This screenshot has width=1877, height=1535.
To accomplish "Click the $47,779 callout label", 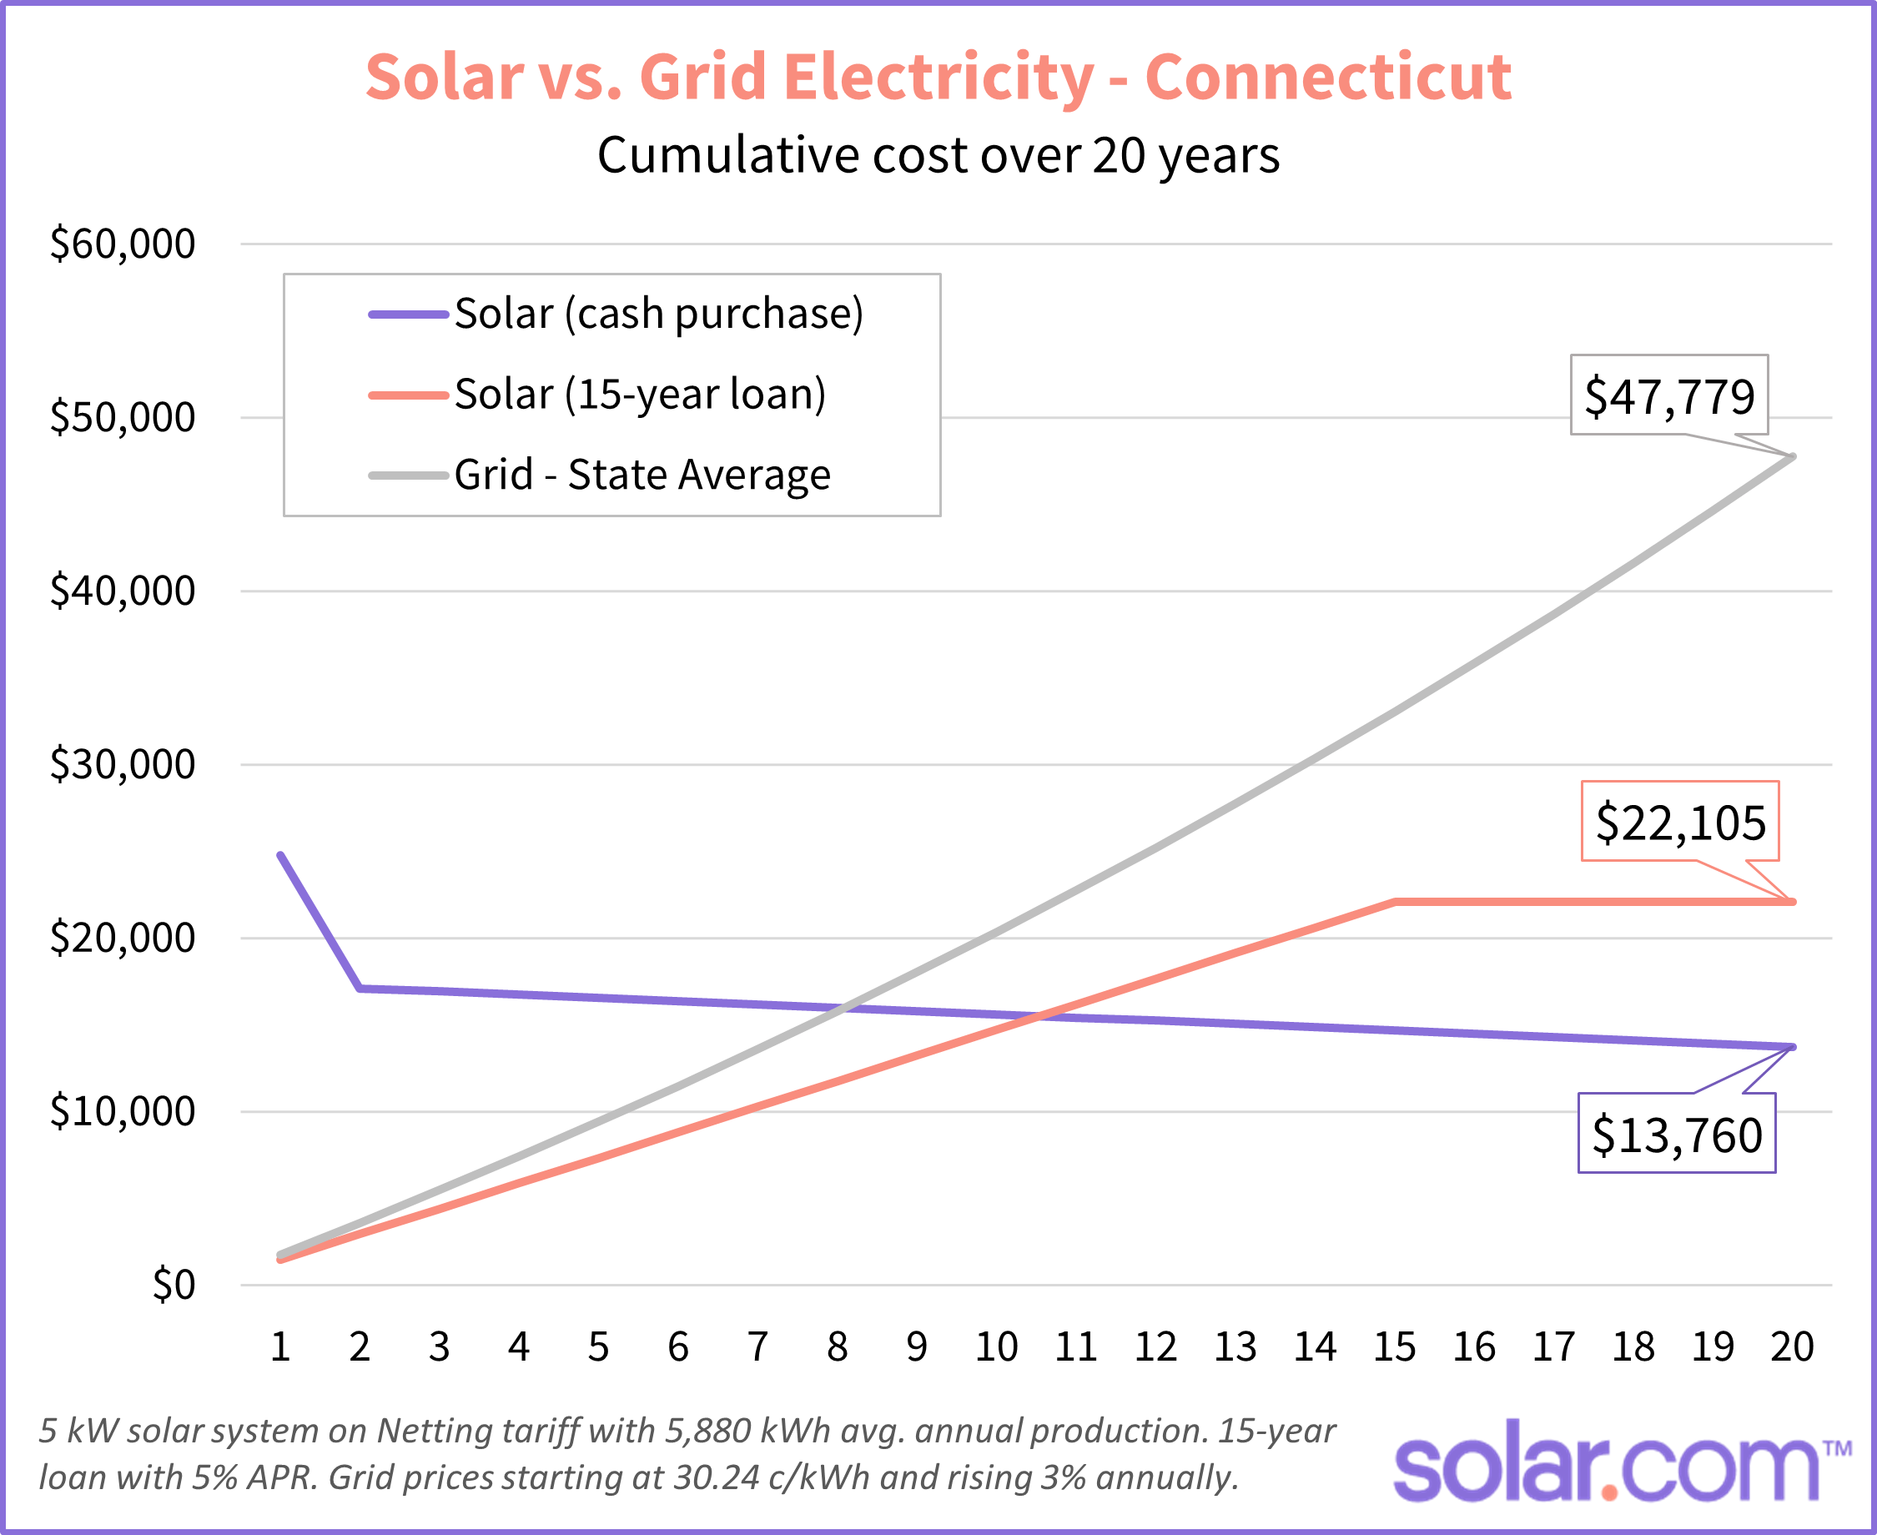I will coord(1668,395).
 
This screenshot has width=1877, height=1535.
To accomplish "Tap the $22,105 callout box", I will coord(1680,822).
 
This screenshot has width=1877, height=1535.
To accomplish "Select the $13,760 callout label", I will coord(1676,1135).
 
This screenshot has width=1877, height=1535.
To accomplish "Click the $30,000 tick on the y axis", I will coord(122,764).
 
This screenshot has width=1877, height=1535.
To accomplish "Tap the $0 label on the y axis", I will coord(174,1285).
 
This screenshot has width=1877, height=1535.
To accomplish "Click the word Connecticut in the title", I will coord(1328,78).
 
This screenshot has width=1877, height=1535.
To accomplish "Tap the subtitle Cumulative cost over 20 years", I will coord(938,156).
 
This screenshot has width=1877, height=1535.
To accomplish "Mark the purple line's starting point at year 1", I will coord(280,855).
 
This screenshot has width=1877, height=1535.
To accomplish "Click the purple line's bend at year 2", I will coord(360,989).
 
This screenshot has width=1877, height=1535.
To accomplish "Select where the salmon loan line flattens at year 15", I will coord(1394,902).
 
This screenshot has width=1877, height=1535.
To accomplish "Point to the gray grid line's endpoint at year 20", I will coord(1792,457).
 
